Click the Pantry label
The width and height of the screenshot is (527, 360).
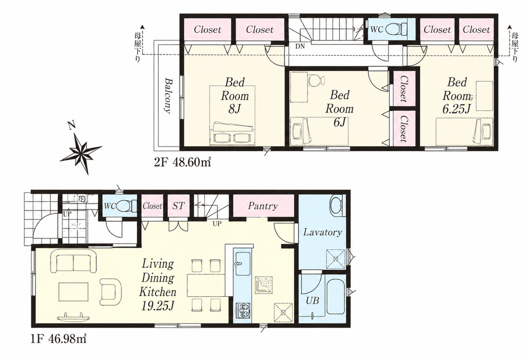tap(263, 206)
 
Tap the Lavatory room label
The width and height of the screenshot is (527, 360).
tap(323, 232)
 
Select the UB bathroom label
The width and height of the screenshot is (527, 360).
tap(312, 300)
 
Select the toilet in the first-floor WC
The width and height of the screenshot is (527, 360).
tap(127, 205)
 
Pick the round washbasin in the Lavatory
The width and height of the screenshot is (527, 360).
tap(336, 205)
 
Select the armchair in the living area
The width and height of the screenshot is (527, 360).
tap(111, 291)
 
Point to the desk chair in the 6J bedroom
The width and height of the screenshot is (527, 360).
tap(316, 81)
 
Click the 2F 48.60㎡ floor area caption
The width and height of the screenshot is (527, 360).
tap(183, 162)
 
